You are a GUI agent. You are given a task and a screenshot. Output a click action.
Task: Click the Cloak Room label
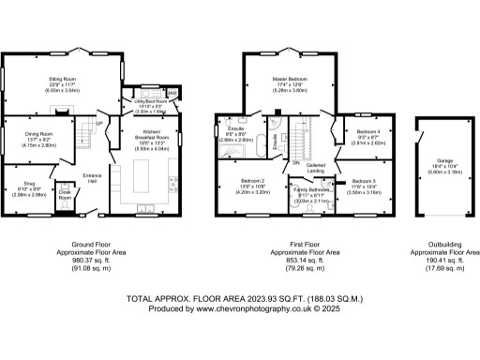[x=65, y=195]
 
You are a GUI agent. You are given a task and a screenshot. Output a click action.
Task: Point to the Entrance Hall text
[x=92, y=178]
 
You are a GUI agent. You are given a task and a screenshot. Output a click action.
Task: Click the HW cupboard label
[x=172, y=93]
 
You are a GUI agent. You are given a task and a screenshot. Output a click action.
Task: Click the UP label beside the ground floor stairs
[x=100, y=123]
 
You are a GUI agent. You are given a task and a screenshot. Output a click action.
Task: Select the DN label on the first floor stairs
[x=295, y=162]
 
